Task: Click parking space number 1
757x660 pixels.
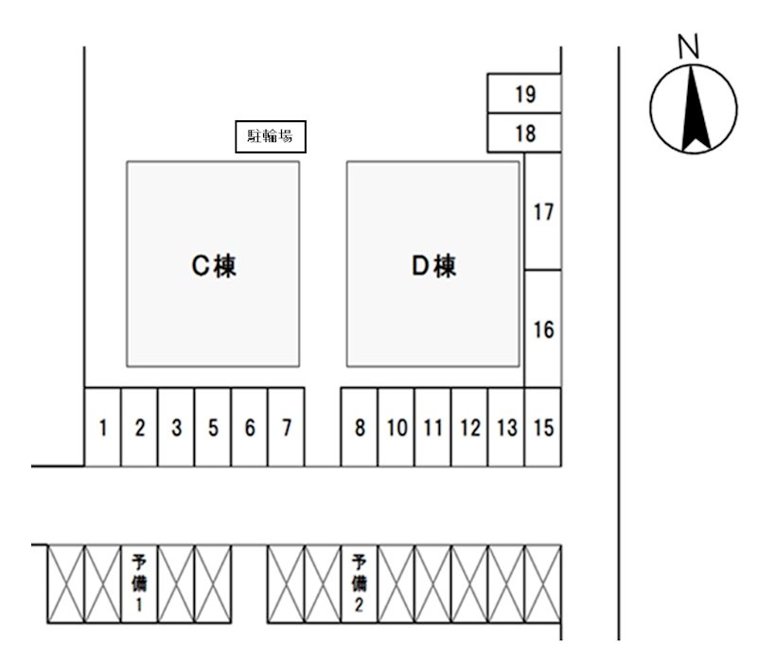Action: [x=102, y=427]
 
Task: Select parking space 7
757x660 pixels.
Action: [x=286, y=427]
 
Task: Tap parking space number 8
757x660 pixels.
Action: [x=360, y=427]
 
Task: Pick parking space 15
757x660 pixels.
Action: [x=542, y=427]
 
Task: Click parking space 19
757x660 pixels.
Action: [x=524, y=94]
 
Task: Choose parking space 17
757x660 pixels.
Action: [x=542, y=211]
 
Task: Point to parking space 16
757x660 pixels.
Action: [x=542, y=329]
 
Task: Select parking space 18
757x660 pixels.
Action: [x=524, y=133]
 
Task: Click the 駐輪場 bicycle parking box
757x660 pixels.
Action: [x=271, y=136]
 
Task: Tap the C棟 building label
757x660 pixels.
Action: [x=214, y=266]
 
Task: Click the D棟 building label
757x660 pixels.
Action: [x=433, y=266]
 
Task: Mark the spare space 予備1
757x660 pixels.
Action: [x=139, y=584]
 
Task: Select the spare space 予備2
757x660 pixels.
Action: [x=360, y=584]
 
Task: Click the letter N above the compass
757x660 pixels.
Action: [x=689, y=46]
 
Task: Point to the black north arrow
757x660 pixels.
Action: [x=695, y=108]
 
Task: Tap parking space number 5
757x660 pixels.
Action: [x=212, y=427]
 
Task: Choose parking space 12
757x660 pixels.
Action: [x=469, y=427]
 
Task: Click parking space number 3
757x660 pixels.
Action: [x=176, y=427]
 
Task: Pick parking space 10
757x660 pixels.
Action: [x=396, y=427]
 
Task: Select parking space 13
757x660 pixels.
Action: [x=506, y=427]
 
